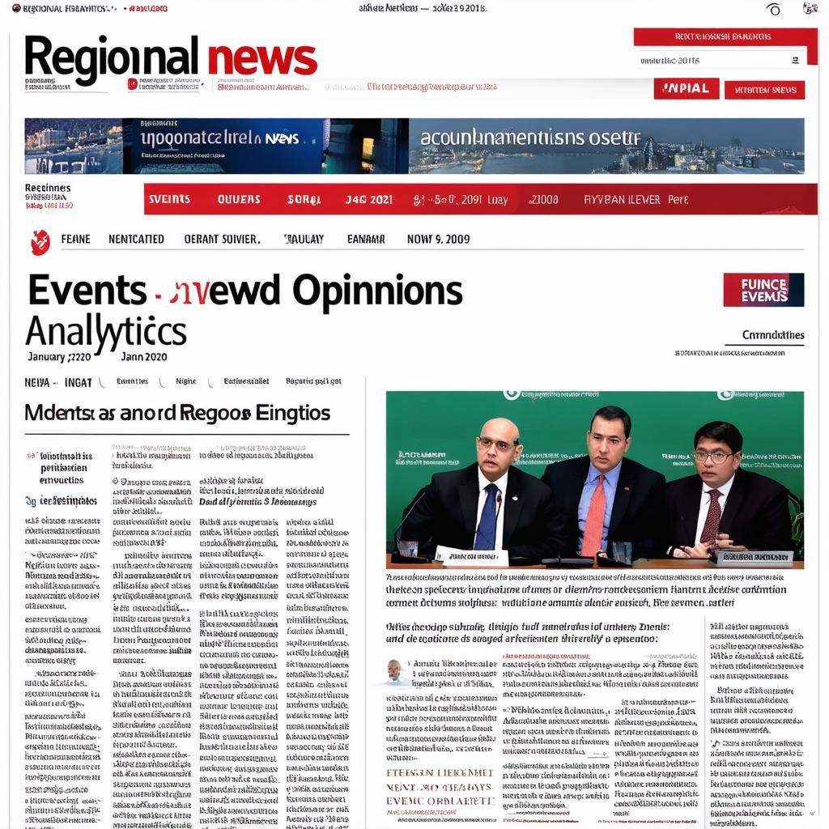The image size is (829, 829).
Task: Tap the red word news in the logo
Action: [x=261, y=58]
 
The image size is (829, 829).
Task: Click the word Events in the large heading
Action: [x=87, y=290]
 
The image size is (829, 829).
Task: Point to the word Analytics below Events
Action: [x=105, y=331]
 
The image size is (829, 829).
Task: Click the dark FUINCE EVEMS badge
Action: [x=763, y=290]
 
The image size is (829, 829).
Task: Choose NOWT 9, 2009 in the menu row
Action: [x=438, y=239]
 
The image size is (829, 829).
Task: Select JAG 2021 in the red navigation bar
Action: [x=368, y=199]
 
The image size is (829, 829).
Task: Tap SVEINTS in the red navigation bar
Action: [x=169, y=199]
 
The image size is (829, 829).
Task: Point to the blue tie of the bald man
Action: [x=487, y=517]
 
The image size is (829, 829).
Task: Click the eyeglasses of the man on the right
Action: [x=713, y=457]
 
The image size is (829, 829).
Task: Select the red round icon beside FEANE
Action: [x=40, y=240]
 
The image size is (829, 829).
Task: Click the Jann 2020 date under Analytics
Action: [x=144, y=356]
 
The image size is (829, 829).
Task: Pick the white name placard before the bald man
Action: [x=470, y=556]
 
